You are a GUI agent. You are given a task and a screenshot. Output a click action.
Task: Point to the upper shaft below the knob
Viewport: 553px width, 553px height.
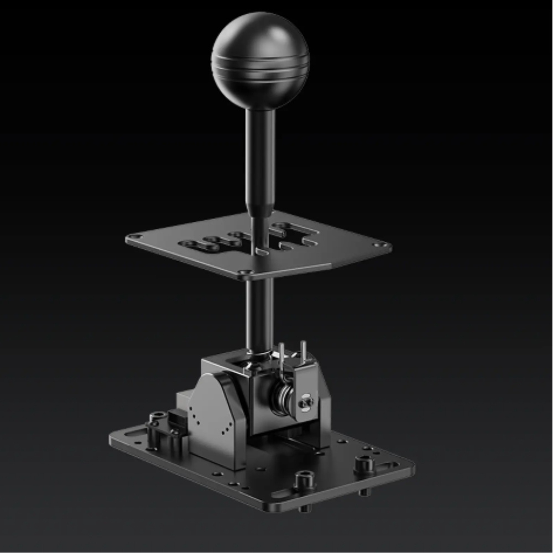click(x=260, y=160)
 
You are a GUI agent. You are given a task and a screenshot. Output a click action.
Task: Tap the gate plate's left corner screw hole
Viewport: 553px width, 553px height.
click(x=131, y=239)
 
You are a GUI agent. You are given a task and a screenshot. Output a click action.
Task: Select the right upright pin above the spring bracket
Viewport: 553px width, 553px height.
click(x=303, y=351)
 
